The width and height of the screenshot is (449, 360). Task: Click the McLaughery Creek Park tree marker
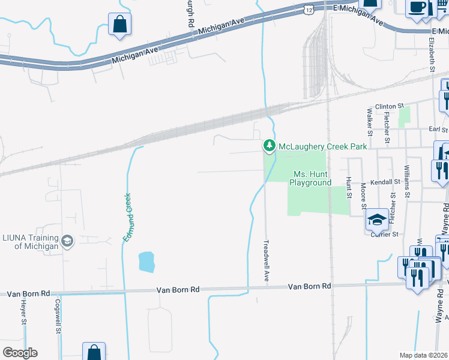[270, 146]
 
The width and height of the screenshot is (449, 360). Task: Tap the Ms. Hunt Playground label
[312, 178]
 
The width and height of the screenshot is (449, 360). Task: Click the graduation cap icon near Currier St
[377, 220]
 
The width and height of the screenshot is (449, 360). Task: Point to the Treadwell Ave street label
[266, 262]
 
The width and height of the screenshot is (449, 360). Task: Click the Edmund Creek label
[127, 217]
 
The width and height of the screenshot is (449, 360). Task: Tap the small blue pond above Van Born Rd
[147, 262]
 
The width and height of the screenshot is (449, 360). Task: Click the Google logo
[20, 353]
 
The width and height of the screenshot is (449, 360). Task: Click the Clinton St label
[386, 106]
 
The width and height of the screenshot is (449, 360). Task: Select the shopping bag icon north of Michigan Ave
[119, 25]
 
